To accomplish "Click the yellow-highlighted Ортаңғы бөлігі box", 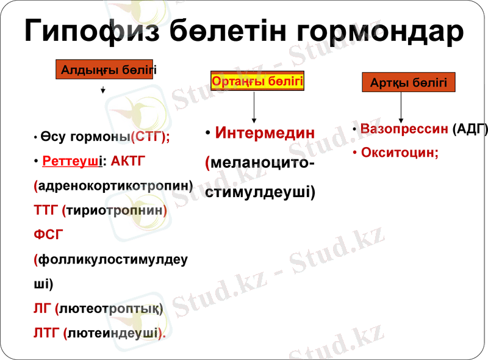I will [x=257, y=81].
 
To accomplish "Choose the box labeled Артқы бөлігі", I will [x=408, y=82].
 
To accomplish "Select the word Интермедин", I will [x=265, y=132].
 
